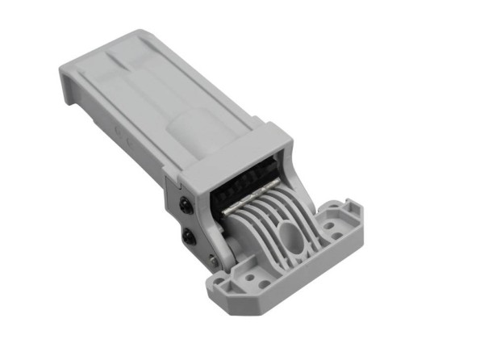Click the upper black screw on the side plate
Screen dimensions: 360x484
186,207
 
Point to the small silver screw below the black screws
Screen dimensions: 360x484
211,259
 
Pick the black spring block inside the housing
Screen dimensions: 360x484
242,181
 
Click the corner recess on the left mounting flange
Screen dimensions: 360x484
216,284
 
